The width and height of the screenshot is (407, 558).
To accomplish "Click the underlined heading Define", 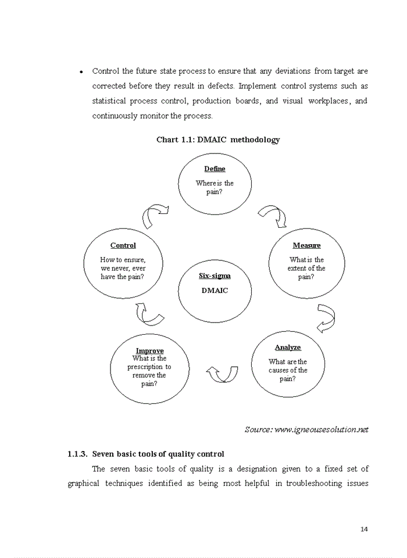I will coord(215,169).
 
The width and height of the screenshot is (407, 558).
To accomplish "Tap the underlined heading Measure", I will coord(306,245).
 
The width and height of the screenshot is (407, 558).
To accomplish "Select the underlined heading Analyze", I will coord(288,347).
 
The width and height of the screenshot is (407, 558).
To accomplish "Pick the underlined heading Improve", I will coord(149,350).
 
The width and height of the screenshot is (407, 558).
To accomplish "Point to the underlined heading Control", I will coord(123,245).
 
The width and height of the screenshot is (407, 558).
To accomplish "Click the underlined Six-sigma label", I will coord(215,276).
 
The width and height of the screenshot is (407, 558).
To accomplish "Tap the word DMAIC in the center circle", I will coord(215,290).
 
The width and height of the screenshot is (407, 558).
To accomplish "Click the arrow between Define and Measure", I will coord(272,216).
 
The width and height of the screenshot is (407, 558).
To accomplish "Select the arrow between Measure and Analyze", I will coord(326,317).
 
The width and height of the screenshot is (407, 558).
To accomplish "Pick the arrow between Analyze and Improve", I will coord(223,373).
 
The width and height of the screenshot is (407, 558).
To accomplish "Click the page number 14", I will coord(365,529).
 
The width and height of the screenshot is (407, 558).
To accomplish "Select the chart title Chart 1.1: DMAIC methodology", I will coord(218,139).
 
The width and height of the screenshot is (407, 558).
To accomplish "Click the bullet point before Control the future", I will coord(81,72).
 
